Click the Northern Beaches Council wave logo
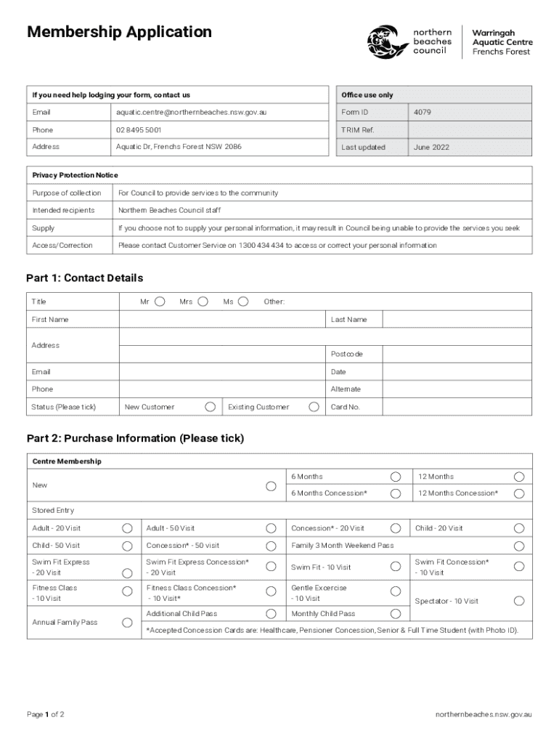point(387,42)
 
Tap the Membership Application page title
point(119,32)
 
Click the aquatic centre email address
point(191,113)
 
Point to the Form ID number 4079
point(422,113)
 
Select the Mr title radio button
point(160,302)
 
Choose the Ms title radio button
point(243,302)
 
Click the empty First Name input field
point(224,320)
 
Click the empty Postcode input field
point(457,354)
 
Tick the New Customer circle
point(210,407)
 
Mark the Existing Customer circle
point(314,407)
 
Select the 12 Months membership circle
point(519,477)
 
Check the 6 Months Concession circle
point(396,494)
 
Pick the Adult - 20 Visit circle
point(127,528)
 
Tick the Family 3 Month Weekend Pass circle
point(519,546)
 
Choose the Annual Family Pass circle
point(127,623)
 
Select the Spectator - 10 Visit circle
point(519,601)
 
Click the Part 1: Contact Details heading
point(85,278)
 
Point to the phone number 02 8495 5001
point(139,130)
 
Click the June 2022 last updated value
point(431,147)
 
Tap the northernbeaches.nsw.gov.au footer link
point(483,714)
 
